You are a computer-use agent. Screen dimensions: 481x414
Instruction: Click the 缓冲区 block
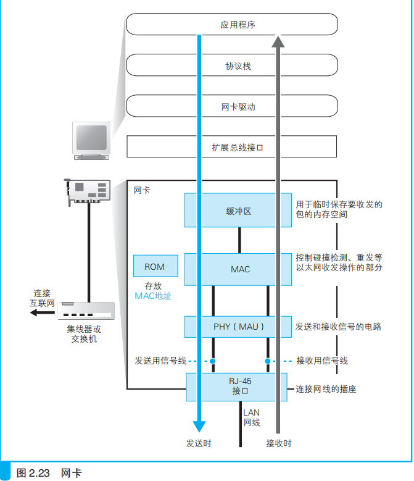[x=238, y=211]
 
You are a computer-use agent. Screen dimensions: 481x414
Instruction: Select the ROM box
[x=154, y=267]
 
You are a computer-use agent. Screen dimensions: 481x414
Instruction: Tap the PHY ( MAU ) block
[x=238, y=327]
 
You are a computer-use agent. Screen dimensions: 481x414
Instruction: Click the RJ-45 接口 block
[x=238, y=386]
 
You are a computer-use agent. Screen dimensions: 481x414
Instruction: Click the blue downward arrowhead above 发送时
[x=199, y=426]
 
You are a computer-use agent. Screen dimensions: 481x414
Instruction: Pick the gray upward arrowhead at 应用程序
[x=278, y=42]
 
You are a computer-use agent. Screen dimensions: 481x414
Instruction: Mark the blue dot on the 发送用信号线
[x=212, y=361]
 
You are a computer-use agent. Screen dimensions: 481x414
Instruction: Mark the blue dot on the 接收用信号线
[x=268, y=361]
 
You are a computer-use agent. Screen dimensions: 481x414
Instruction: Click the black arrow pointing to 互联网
[x=42, y=313]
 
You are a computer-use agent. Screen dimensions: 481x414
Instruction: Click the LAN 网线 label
[x=251, y=417]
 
